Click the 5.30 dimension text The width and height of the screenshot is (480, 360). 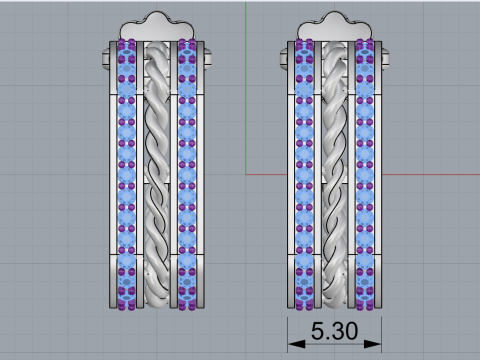point(334,331)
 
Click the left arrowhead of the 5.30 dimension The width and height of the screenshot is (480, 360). point(296,344)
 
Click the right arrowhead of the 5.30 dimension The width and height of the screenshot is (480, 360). point(372,344)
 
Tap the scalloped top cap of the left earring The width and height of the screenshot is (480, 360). point(157,28)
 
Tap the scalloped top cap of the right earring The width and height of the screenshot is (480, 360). point(334,28)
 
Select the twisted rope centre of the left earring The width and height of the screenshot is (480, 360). point(157,175)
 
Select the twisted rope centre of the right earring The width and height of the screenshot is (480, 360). point(335,175)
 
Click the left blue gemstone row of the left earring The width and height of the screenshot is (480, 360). point(127,175)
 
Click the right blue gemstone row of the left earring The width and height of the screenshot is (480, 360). point(187,175)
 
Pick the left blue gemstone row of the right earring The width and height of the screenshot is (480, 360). point(304,175)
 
